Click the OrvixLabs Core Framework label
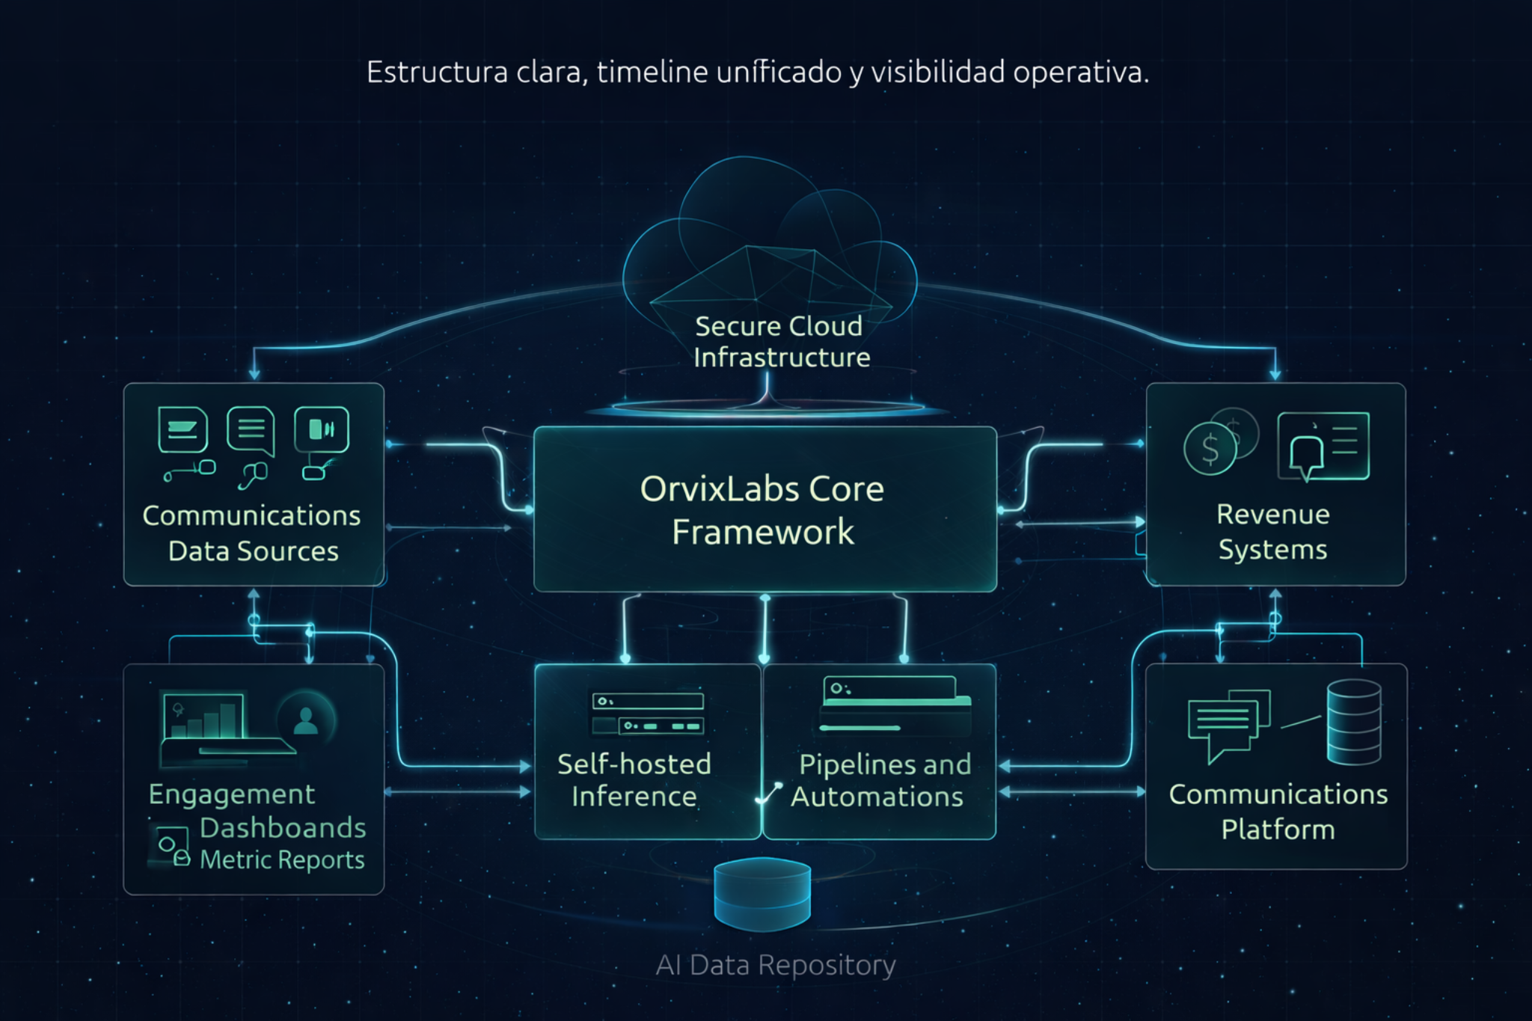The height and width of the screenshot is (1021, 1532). pyautogui.click(x=762, y=510)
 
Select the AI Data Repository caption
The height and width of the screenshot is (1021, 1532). pyautogui.click(x=775, y=965)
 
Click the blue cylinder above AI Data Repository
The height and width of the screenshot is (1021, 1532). pyautogui.click(x=762, y=893)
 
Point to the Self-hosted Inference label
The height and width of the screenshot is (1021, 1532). pyautogui.click(x=634, y=780)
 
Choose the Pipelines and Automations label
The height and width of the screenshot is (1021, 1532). pyautogui.click(x=880, y=780)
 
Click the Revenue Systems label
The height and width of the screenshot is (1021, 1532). pyautogui.click(x=1272, y=532)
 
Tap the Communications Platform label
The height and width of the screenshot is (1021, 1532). pyautogui.click(x=1278, y=812)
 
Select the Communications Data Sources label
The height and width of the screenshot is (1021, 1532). pyautogui.click(x=252, y=533)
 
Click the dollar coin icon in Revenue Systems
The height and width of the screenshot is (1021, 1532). pyautogui.click(x=1210, y=449)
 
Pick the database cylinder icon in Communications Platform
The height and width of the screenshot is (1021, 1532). pyautogui.click(x=1353, y=722)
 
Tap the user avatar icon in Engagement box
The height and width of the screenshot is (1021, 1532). pyautogui.click(x=305, y=720)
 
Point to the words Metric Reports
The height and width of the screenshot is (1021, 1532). pyautogui.click(x=282, y=860)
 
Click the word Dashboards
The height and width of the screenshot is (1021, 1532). pyautogui.click(x=283, y=828)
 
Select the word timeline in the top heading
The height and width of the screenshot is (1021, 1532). pyautogui.click(x=652, y=73)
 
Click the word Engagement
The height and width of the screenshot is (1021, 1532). pyautogui.click(x=232, y=794)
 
